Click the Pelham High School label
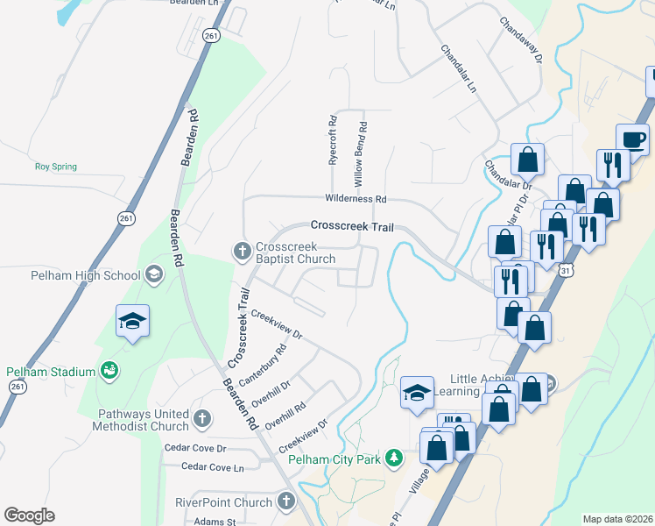click(73, 275)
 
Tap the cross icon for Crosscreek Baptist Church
click(243, 252)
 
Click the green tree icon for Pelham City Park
click(394, 458)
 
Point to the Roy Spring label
click(55, 167)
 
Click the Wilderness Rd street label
click(356, 199)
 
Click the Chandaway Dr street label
click(522, 39)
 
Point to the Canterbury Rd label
click(269, 363)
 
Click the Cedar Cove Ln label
click(212, 467)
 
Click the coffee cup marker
click(632, 139)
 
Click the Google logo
click(29, 515)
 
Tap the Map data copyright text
click(618, 519)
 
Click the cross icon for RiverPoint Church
click(285, 501)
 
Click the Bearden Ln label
click(194, 4)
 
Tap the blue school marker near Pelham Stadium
click(131, 322)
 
